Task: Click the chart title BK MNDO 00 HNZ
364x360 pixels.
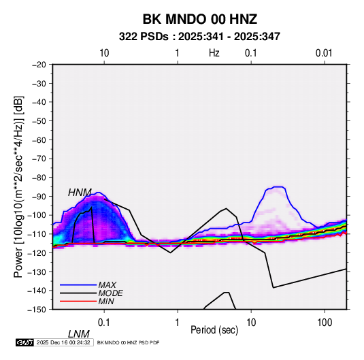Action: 199,19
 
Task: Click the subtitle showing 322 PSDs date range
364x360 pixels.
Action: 199,37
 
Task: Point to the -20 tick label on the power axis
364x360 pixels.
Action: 39,65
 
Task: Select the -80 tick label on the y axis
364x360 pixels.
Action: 39,178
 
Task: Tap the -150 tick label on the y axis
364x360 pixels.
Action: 37,310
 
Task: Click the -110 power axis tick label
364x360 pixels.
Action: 37,234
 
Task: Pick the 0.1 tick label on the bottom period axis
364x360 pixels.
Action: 104,323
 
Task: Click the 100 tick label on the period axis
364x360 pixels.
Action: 325,323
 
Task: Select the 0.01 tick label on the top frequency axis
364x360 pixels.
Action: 324,53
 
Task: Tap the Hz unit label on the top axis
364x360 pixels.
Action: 214,53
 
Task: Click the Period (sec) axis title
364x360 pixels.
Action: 214,330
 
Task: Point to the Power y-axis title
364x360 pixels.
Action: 18,187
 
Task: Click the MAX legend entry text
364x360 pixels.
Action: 107,284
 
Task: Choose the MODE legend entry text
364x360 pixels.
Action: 110,293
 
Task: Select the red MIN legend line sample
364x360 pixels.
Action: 78,301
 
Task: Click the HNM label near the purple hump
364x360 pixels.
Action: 80,193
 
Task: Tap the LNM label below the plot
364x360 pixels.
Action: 78,334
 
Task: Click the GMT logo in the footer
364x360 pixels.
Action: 24,342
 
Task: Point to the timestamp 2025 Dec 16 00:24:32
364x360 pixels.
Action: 63,342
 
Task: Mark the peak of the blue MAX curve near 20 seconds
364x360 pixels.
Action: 278,186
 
